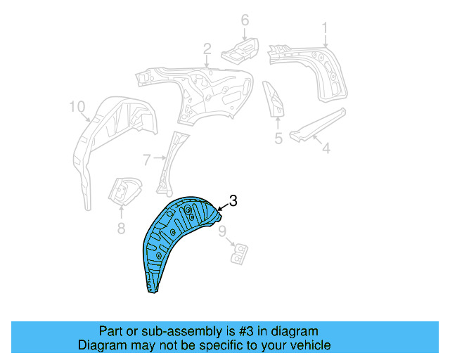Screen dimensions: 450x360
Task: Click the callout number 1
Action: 326,27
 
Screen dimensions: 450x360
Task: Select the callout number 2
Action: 207,49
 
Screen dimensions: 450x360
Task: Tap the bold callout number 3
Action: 233,200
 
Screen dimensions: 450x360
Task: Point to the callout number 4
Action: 326,148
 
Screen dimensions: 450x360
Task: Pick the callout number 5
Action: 278,139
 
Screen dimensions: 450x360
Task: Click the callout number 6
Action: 245,20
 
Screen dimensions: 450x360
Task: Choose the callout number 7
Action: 146,160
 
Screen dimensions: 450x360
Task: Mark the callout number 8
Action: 121,227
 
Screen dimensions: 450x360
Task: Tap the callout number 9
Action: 222,231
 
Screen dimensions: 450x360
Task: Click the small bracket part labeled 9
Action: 240,252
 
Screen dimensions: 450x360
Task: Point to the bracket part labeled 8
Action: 123,192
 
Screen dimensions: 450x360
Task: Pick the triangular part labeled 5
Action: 274,98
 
